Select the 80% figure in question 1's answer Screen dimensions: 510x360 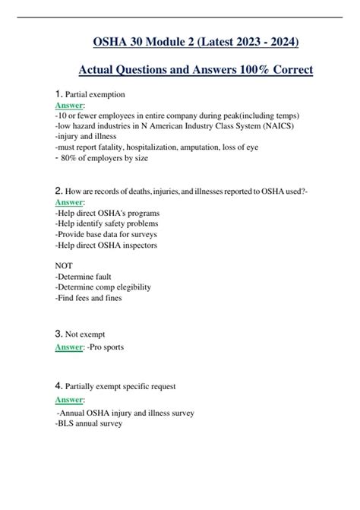click(x=70, y=158)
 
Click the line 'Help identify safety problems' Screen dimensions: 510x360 click(x=106, y=223)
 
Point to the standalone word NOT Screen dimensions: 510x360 click(x=65, y=265)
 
